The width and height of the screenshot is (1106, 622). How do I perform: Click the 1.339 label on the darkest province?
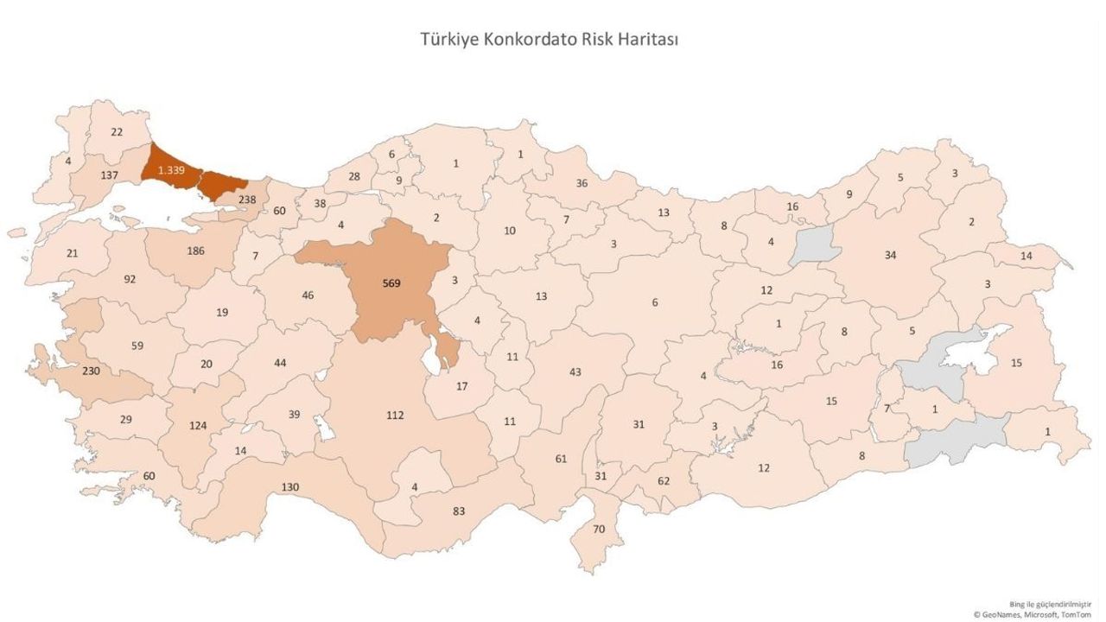(172, 170)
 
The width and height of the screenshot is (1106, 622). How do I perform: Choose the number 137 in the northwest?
(109, 175)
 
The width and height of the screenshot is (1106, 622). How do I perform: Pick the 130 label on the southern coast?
(289, 487)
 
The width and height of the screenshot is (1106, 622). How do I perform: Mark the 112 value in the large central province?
(394, 415)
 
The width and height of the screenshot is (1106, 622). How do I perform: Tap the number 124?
(199, 425)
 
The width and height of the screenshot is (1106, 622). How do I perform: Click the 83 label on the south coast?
(459, 511)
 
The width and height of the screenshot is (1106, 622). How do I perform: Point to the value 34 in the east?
(890, 255)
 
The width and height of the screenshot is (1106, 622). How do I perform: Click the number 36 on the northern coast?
(582, 183)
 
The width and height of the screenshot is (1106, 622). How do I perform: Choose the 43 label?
(575, 371)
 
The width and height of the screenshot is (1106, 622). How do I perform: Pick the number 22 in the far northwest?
(118, 131)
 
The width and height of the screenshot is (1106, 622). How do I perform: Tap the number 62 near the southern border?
(664, 480)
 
